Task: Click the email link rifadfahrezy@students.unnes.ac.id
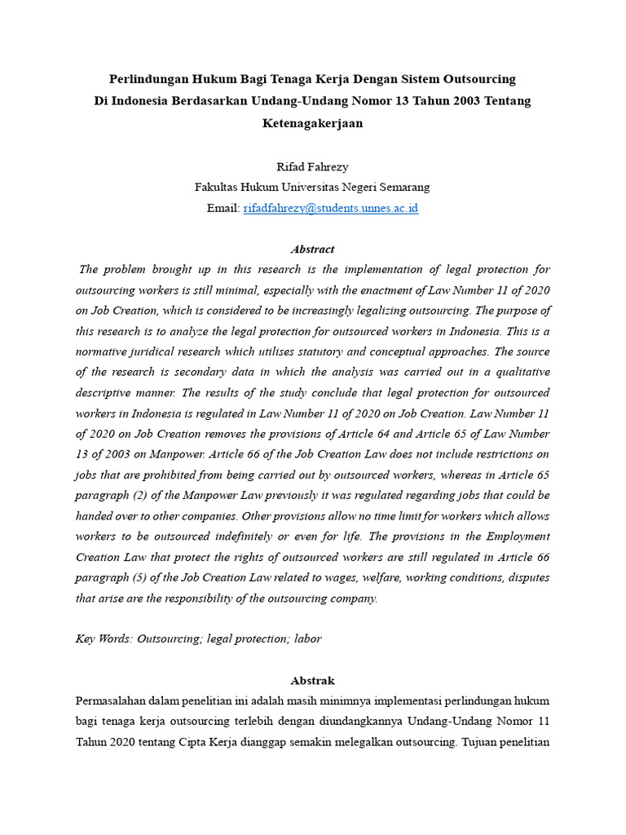point(330,208)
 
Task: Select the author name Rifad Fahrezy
point(313,166)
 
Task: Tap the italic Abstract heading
point(312,249)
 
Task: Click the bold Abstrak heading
point(312,680)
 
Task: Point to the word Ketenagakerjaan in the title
point(312,123)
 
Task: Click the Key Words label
point(104,638)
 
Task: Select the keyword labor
point(308,638)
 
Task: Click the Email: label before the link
point(223,208)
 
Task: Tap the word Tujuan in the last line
point(483,742)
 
